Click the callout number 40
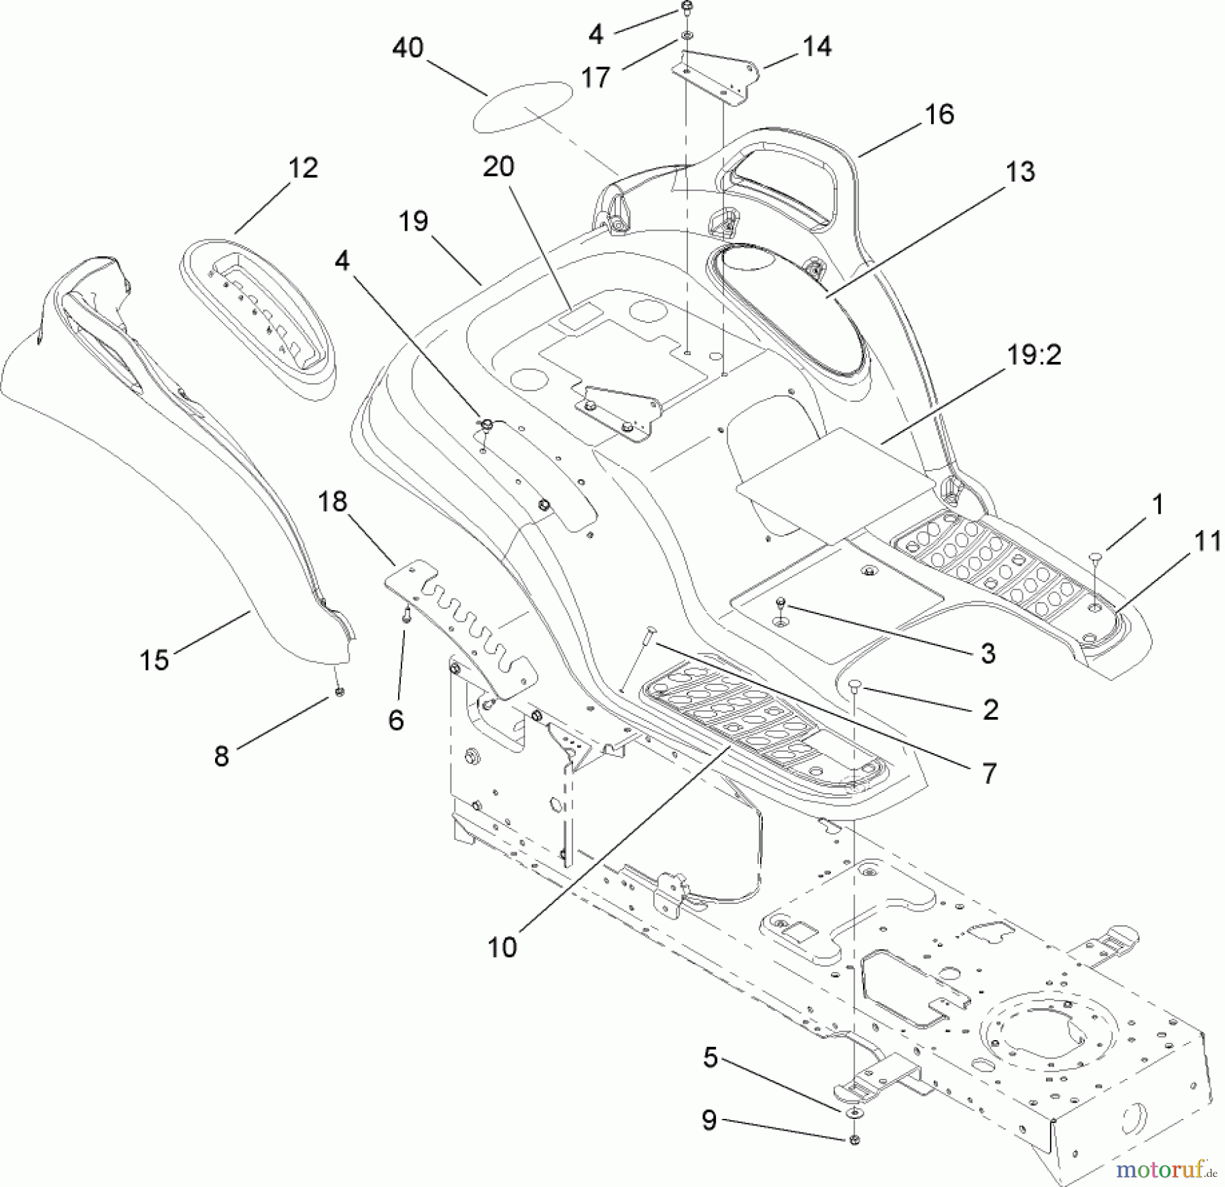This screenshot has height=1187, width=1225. coord(408,48)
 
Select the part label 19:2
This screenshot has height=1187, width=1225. coord(1033,354)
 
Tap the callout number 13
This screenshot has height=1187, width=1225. coord(1020,172)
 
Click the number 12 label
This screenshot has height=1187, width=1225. coord(303,167)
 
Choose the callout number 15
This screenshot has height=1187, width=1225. coord(154,660)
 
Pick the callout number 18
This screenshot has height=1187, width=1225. coord(332,502)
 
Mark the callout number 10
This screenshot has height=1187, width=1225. coord(502,948)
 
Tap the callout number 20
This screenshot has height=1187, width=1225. coord(499,167)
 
